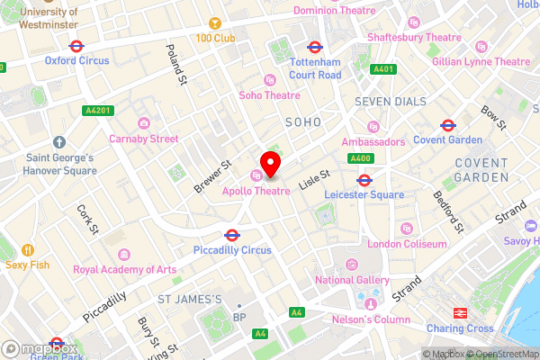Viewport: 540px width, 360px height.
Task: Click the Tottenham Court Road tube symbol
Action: coord(315,47)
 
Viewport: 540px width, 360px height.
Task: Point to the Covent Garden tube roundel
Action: coord(447,124)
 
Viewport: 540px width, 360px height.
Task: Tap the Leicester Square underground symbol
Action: coord(364,178)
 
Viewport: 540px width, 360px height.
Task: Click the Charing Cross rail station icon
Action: coord(459,312)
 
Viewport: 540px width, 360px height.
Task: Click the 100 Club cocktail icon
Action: coord(215,22)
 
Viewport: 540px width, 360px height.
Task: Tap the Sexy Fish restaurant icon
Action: coord(28,249)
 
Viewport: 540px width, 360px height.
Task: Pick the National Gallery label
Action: coord(352,280)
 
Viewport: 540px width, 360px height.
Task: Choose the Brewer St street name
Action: coord(212,176)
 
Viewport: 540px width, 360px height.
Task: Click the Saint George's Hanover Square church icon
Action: coord(58,142)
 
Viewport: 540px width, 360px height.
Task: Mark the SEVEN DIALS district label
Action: coord(390,101)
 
